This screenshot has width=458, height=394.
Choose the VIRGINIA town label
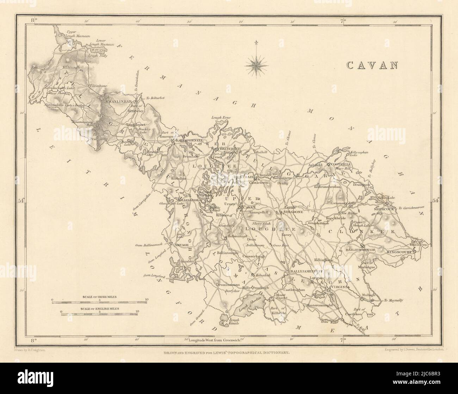(340, 287)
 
